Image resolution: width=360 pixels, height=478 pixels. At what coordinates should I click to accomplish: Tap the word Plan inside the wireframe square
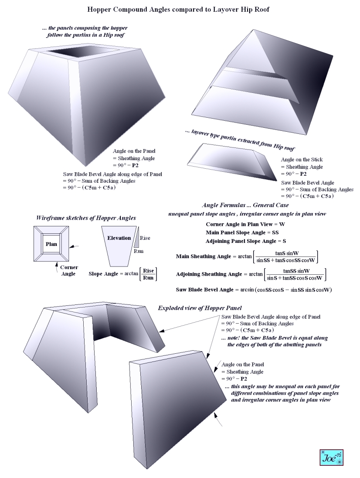click(x=52, y=244)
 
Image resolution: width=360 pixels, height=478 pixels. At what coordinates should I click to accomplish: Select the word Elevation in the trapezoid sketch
click(x=119, y=238)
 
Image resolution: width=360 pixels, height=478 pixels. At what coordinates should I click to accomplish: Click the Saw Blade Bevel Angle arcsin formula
click(x=254, y=290)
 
